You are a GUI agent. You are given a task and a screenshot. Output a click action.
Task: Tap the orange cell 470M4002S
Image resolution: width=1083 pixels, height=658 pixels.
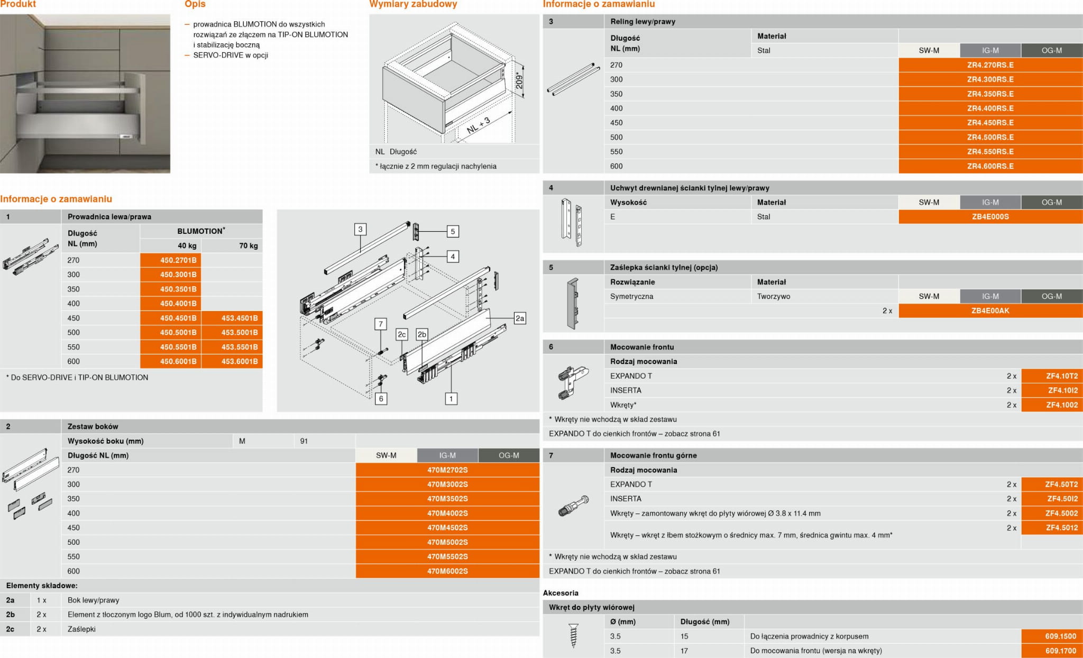pyautogui.click(x=447, y=513)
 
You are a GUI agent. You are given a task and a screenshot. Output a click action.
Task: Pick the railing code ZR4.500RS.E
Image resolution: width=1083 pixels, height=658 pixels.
pyautogui.click(x=990, y=137)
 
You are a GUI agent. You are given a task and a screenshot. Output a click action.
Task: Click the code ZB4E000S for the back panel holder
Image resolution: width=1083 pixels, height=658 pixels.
pyautogui.click(x=990, y=216)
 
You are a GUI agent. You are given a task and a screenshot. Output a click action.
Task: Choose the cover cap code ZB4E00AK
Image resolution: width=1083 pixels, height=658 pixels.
pyautogui.click(x=990, y=310)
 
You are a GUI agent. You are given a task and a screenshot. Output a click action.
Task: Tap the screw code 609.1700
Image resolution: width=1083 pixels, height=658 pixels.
pyautogui.click(x=1052, y=651)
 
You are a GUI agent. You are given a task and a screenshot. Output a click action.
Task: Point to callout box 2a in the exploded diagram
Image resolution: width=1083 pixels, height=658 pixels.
pyautogui.click(x=520, y=318)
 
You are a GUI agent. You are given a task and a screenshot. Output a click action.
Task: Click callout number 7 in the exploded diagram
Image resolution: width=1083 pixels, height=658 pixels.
pyautogui.click(x=381, y=324)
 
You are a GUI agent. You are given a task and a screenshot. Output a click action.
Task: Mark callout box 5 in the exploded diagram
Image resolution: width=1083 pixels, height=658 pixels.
pyautogui.click(x=453, y=231)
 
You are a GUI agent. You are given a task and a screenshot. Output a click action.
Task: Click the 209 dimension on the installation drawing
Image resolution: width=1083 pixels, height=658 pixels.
pyautogui.click(x=519, y=81)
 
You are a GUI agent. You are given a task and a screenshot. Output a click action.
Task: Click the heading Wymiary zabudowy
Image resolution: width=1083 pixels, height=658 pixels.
pyautogui.click(x=413, y=4)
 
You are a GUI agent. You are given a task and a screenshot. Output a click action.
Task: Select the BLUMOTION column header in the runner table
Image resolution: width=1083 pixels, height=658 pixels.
pyautogui.click(x=201, y=231)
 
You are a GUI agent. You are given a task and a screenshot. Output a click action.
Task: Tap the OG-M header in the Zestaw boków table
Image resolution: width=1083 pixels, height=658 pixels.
pyautogui.click(x=509, y=455)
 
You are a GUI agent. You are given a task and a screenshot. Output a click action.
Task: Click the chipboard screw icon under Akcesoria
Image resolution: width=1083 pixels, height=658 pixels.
pyautogui.click(x=573, y=636)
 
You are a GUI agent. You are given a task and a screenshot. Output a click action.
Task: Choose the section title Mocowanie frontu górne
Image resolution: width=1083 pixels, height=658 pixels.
pyautogui.click(x=654, y=455)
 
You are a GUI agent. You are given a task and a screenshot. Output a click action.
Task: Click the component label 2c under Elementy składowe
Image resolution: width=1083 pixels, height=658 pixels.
pyautogui.click(x=10, y=629)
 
